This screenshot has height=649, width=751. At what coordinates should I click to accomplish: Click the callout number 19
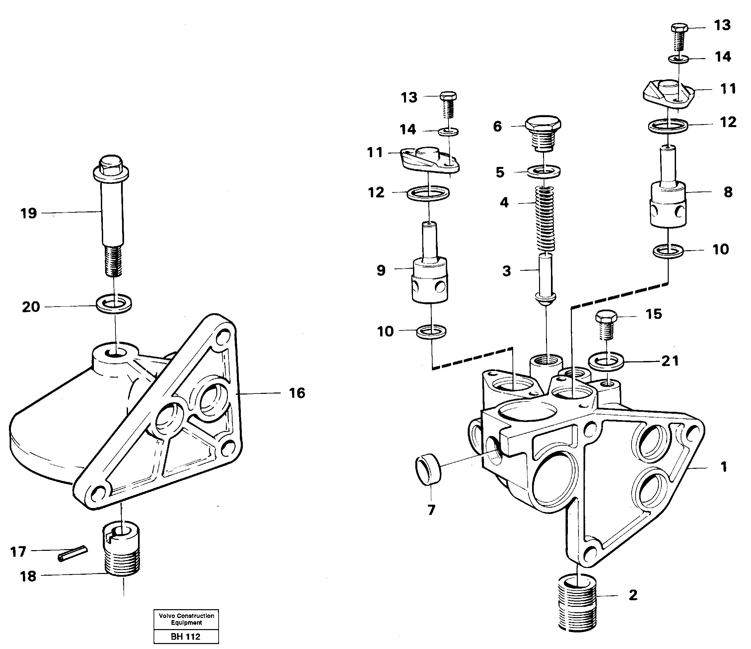pyautogui.click(x=29, y=213)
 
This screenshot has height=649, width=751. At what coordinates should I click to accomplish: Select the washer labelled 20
pyautogui.click(x=114, y=304)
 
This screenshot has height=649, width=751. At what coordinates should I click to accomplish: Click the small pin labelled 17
pyautogui.click(x=73, y=554)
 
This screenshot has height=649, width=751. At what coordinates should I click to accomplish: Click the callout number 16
pyautogui.click(x=297, y=393)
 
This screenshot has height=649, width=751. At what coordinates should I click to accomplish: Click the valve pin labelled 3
pyautogui.click(x=545, y=278)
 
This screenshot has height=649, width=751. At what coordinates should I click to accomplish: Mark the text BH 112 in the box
pyautogui.click(x=185, y=636)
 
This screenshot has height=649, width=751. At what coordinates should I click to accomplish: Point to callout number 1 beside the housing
pyautogui.click(x=723, y=467)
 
